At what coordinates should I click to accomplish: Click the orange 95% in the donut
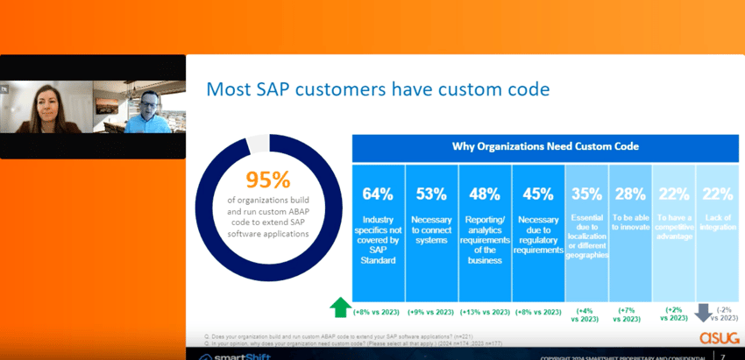(x=267, y=180)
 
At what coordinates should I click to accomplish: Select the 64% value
(x=379, y=194)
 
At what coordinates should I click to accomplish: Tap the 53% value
(x=432, y=194)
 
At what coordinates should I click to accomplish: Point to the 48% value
(x=486, y=194)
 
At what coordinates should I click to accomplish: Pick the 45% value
(x=538, y=194)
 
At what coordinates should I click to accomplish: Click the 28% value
(x=631, y=194)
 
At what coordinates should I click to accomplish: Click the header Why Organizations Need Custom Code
(x=545, y=146)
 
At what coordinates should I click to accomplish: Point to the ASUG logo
(x=717, y=337)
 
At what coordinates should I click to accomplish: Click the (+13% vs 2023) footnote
(x=486, y=312)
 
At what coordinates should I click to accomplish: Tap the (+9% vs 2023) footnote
(x=432, y=312)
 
